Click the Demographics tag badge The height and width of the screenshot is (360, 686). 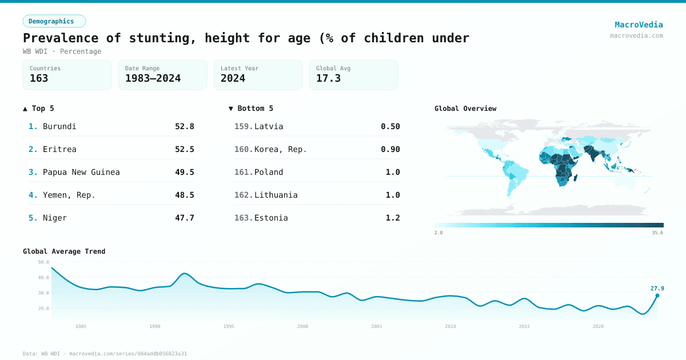(54, 21)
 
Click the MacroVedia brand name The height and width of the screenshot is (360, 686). (639, 25)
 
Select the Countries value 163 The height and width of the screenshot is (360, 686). (39, 78)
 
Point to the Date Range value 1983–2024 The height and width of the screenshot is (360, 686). (153, 78)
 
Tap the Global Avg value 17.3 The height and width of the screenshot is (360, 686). (328, 78)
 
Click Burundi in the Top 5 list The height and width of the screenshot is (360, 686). (59, 126)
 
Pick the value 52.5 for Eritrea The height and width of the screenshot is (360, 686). (184, 149)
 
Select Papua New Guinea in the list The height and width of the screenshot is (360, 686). (81, 172)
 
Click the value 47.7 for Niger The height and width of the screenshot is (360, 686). (184, 218)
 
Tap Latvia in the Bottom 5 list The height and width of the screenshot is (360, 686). (269, 126)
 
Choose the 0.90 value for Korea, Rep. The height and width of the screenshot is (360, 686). (390, 149)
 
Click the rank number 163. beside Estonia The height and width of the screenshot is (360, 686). (244, 218)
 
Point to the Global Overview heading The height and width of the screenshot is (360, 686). (465, 109)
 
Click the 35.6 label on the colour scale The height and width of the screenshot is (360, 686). (657, 233)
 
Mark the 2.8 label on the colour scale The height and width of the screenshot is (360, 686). (438, 233)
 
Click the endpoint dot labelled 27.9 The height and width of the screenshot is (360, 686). (657, 295)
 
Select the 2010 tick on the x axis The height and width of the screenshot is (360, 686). (450, 326)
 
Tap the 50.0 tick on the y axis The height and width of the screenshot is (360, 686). (43, 262)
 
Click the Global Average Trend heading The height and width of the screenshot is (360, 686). (64, 251)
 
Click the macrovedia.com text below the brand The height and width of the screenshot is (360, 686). (636, 35)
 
